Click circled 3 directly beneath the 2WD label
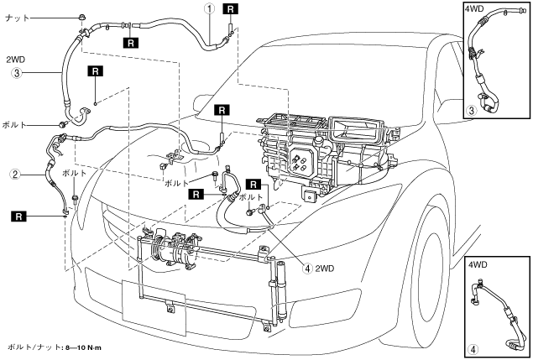[15, 74]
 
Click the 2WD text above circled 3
[17, 60]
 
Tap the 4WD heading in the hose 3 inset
[475, 11]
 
